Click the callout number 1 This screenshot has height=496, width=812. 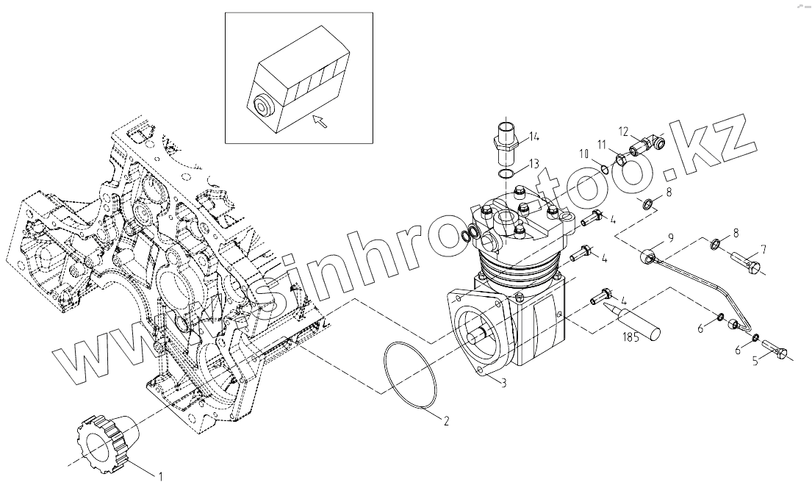pyautogui.click(x=161, y=476)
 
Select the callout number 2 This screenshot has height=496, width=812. pyautogui.click(x=445, y=421)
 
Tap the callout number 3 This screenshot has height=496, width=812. pyautogui.click(x=503, y=383)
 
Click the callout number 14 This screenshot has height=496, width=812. pyautogui.click(x=533, y=136)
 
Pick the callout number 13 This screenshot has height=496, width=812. pyautogui.click(x=533, y=162)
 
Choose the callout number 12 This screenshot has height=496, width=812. pyautogui.click(x=623, y=132)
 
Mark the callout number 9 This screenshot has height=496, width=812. pyautogui.click(x=670, y=237)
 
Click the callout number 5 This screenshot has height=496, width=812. pyautogui.click(x=754, y=361)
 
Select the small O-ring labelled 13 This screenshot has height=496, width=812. pyautogui.click(x=505, y=174)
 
